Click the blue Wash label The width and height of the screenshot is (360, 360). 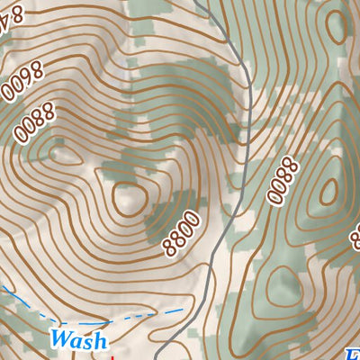(79, 340)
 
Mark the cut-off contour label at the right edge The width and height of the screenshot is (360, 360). (354, 234)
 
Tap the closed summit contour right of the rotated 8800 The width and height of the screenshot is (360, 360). (328, 190)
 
